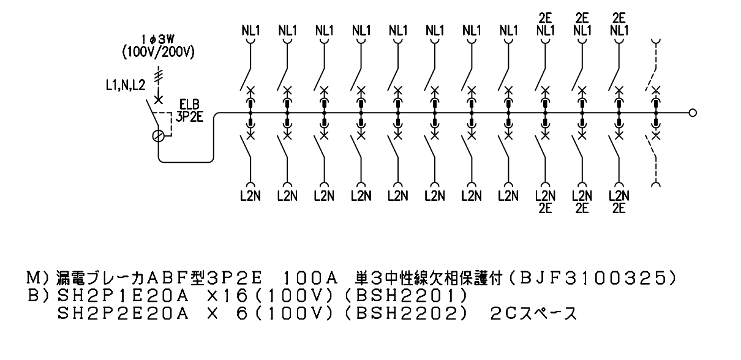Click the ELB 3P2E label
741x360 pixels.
point(189,111)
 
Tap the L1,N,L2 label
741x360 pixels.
point(126,85)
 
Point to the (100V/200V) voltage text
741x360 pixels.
point(158,52)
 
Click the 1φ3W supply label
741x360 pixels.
point(158,39)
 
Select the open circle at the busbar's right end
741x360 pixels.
point(693,113)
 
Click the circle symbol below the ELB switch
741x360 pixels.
point(159,136)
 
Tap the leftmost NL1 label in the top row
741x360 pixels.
point(250,31)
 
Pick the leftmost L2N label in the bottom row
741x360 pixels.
point(250,196)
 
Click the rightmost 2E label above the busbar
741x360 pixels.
point(619,18)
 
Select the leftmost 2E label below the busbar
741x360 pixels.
point(545,209)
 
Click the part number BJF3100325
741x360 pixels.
point(592,279)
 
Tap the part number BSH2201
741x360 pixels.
point(407,296)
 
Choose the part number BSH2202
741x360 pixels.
point(407,313)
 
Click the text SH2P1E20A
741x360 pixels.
point(123,296)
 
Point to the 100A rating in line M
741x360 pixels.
point(309,279)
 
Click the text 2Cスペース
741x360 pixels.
point(533,313)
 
